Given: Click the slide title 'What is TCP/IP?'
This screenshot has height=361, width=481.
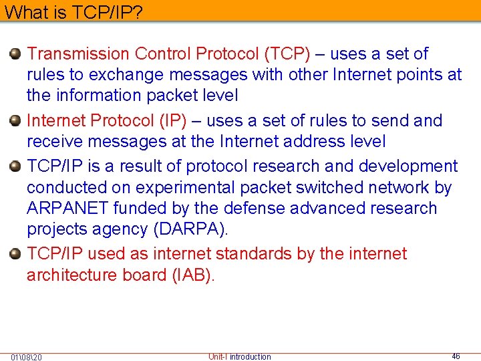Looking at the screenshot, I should click(74, 11).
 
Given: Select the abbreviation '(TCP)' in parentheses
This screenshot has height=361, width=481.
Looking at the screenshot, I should click(286, 53).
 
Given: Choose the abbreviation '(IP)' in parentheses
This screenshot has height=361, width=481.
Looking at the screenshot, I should click(172, 121).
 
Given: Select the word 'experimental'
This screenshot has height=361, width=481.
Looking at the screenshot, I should click(176, 188).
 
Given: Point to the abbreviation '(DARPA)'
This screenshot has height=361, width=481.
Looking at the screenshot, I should click(190, 229).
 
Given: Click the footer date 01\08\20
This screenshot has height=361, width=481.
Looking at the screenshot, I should click(26, 357).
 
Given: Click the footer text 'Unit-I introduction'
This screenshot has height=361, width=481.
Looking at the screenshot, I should click(240, 356).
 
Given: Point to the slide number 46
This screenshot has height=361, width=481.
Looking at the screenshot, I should click(456, 356).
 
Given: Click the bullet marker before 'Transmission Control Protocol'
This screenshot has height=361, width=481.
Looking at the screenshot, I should click(16, 53).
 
